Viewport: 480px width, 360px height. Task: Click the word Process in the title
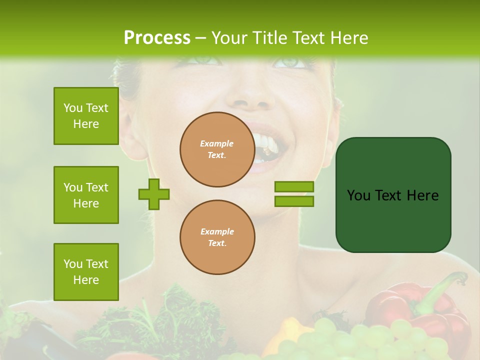coord(157,38)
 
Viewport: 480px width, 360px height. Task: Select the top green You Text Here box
coord(86,116)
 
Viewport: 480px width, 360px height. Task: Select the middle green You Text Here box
coord(86,195)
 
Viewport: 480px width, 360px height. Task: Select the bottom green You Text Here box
coord(86,272)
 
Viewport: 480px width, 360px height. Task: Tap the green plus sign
coord(154,194)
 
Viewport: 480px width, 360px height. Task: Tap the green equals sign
coord(294,194)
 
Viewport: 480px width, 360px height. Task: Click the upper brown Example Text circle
coord(217,149)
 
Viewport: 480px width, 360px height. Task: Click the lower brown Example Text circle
coord(217,237)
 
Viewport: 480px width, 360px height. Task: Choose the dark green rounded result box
coord(393,195)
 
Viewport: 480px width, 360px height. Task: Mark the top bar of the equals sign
coord(294,186)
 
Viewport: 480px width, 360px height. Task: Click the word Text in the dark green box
coord(392,195)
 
